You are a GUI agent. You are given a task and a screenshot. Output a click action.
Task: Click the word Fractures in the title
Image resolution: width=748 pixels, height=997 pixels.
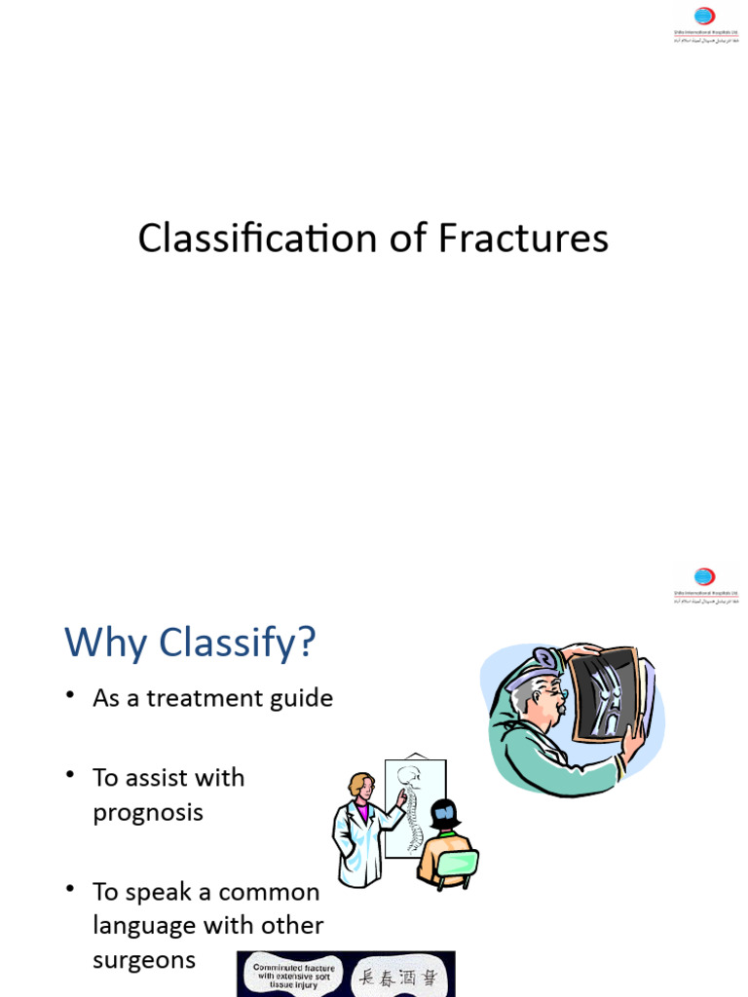[x=522, y=239]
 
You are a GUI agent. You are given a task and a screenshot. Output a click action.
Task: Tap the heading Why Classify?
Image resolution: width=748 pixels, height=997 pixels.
[x=191, y=643]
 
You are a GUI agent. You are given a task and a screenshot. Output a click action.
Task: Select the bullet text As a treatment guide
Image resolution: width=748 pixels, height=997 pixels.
[x=212, y=698]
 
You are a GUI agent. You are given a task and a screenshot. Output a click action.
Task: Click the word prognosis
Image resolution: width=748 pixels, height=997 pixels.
[x=148, y=812]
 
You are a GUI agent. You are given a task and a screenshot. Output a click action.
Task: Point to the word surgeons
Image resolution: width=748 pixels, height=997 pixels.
[x=144, y=960]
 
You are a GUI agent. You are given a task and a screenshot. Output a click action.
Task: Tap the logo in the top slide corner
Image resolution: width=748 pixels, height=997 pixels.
[x=704, y=22]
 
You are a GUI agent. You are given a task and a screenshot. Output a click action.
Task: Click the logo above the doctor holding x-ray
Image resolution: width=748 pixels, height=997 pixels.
[x=704, y=583]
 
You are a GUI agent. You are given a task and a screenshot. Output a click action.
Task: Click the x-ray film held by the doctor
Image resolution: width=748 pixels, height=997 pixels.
[x=605, y=692]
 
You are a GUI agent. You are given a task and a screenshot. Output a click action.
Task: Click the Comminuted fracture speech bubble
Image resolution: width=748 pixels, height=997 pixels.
[x=294, y=975]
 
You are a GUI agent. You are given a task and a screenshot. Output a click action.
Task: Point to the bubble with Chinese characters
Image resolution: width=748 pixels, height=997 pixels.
[x=400, y=975]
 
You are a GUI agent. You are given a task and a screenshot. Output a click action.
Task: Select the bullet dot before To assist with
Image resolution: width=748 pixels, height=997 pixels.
[x=70, y=775]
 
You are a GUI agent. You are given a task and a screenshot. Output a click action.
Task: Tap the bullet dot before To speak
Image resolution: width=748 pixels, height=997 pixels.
[x=70, y=890]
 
